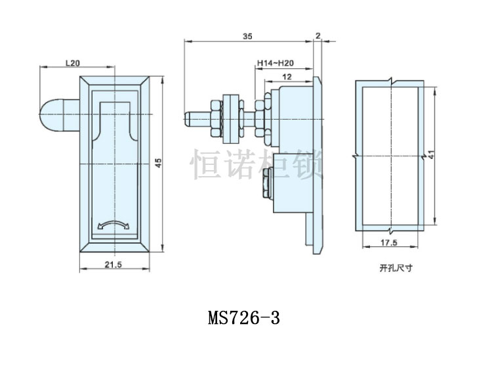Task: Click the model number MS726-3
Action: [x=244, y=318]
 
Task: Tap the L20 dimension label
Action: [x=72, y=63]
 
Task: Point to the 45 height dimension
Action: [x=157, y=162]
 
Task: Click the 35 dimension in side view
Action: [x=247, y=37]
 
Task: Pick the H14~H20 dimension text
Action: [x=274, y=63]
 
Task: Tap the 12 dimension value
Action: [x=286, y=77]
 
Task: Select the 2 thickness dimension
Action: [x=318, y=37]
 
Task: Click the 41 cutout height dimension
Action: [x=431, y=155]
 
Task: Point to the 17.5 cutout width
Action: [x=388, y=243]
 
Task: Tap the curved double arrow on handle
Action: [x=113, y=225]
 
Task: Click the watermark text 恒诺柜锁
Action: [x=256, y=164]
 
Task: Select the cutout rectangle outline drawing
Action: [x=388, y=156]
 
